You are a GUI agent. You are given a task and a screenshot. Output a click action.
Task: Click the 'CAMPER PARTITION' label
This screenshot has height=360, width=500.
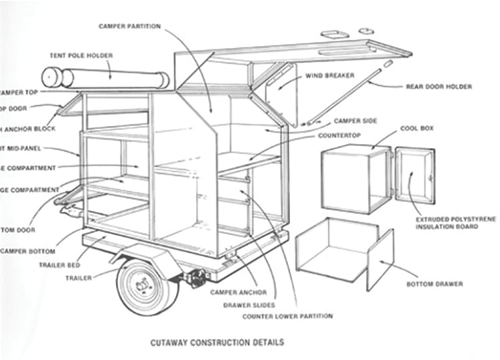tap(129, 27)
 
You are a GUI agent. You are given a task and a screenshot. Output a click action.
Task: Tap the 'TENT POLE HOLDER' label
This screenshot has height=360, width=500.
tap(81, 55)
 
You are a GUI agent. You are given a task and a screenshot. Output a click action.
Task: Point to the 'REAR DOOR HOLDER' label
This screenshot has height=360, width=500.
tap(439, 87)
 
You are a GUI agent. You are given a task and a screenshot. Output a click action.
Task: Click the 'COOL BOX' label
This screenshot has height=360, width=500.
tap(418, 127)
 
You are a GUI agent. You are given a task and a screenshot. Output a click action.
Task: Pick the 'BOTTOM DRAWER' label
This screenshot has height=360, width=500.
tap(434, 284)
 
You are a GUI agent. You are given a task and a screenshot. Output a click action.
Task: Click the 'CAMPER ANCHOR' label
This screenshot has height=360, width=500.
tap(238, 293)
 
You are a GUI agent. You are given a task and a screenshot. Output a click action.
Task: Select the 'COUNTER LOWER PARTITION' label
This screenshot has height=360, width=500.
tap(287, 316)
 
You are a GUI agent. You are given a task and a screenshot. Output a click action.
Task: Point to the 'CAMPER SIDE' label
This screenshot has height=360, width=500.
tap(355, 121)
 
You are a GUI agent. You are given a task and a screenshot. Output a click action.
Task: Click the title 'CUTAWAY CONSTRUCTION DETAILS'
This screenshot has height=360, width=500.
tap(216, 342)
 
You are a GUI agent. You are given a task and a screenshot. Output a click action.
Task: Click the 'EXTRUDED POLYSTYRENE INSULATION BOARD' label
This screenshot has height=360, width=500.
tap(447, 223)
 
